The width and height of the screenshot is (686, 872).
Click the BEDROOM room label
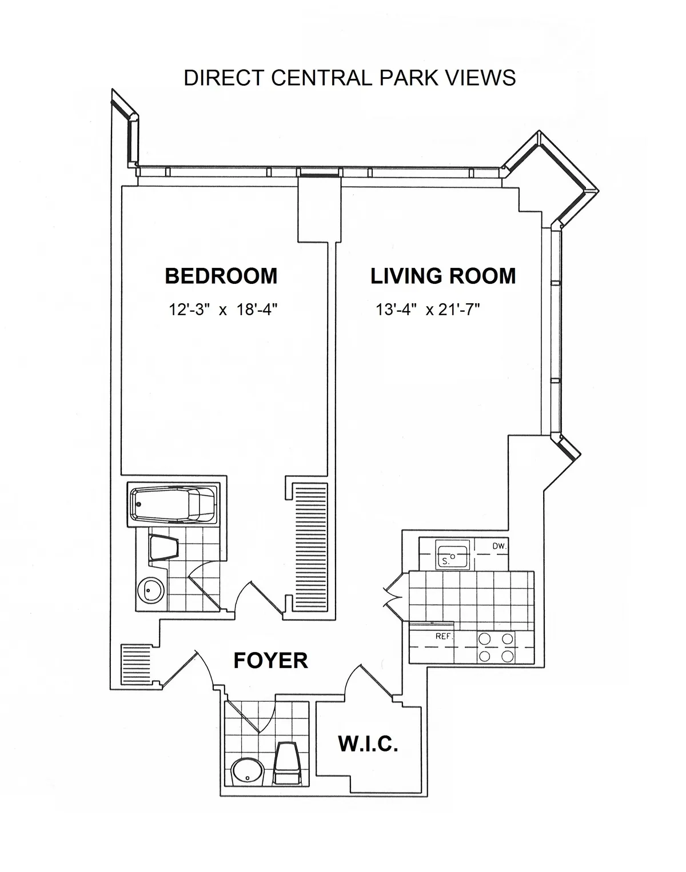click(221, 276)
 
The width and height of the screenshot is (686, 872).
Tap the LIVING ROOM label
click(443, 276)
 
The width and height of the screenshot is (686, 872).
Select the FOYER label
click(270, 660)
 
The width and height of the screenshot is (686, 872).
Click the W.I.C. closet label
click(368, 744)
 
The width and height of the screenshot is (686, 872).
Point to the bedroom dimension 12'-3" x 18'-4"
click(223, 310)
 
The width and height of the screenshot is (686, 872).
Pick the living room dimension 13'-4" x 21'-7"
click(427, 310)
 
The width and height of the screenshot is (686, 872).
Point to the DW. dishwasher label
click(499, 546)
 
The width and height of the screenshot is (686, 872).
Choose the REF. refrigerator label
click(444, 636)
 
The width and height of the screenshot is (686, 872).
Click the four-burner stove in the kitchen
click(496, 648)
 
